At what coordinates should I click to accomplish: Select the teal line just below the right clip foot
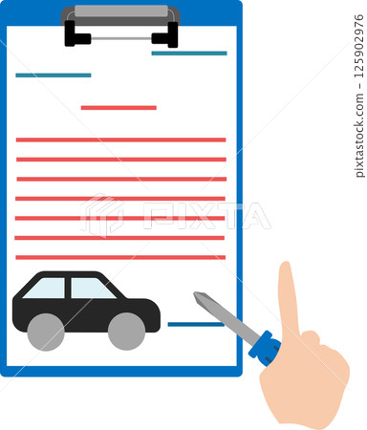[x=188, y=54]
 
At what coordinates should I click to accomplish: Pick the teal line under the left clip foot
[x=53, y=75]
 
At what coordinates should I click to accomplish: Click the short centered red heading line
[x=119, y=108]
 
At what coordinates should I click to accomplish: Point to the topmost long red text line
[x=120, y=140]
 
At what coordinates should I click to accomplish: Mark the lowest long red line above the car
[x=120, y=257]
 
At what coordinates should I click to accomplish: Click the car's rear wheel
[x=45, y=331]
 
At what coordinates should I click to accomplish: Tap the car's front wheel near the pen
[x=126, y=331]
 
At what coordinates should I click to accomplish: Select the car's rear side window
[x=47, y=288]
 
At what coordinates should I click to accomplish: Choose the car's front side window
[x=90, y=288]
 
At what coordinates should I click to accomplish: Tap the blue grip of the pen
[x=266, y=346]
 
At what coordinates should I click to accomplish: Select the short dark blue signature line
[x=195, y=324]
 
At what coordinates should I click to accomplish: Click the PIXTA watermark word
[x=205, y=215]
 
